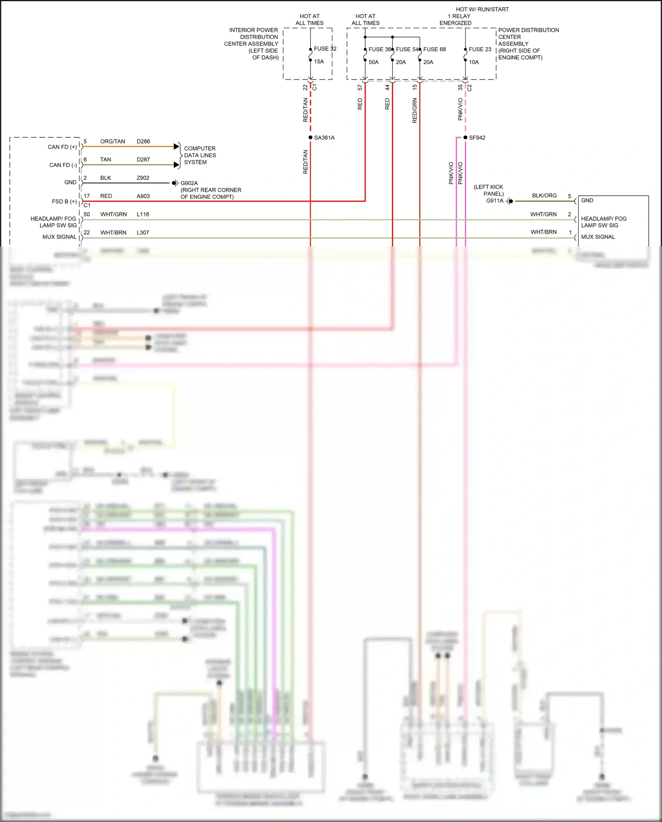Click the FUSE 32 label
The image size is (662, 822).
coord(325,49)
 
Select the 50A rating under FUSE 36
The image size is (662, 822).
coord(373,62)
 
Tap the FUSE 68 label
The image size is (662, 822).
coord(434,49)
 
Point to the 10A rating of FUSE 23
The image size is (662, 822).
coord(474,62)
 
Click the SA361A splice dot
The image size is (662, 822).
coord(310,138)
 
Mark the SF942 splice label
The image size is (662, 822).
coord(477,138)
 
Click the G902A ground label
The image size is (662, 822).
coord(189,183)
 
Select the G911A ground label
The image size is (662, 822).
coord(494,201)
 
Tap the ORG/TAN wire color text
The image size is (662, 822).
coord(113,141)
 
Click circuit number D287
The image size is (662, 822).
coord(143,159)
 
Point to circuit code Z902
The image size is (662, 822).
coord(143,178)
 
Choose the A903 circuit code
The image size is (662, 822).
coord(143,196)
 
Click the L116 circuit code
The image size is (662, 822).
coord(143,214)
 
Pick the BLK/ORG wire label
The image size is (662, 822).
coord(544,195)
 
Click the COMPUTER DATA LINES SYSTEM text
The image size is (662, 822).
coord(200,155)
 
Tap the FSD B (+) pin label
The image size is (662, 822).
coord(64,201)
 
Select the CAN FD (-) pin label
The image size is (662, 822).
coord(63,165)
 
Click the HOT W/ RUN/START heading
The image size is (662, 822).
coord(482,9)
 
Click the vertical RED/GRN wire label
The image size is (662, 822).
coord(414,110)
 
